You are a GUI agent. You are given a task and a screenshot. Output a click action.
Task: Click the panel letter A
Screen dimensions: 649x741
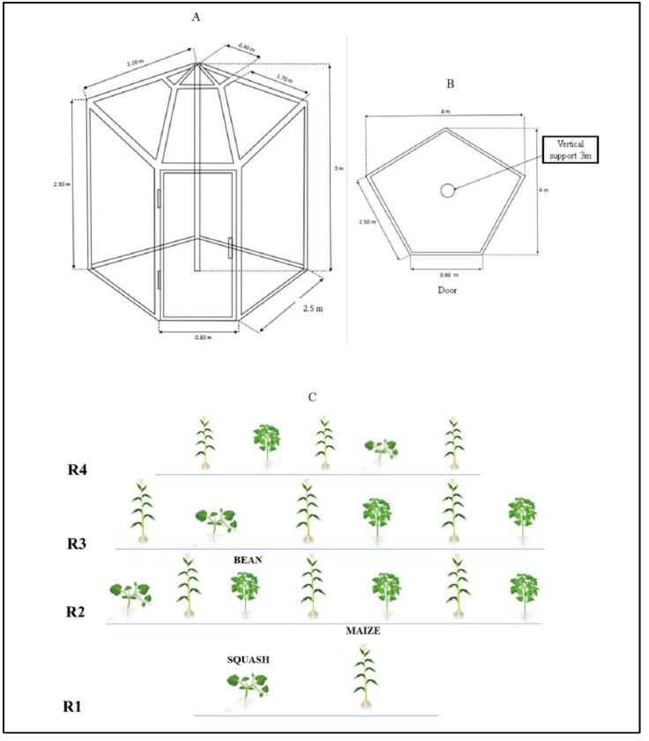(x=196, y=16)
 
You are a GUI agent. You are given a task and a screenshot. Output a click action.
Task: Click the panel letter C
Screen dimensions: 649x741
(x=312, y=397)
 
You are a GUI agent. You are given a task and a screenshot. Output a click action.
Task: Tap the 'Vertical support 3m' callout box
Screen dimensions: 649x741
(x=570, y=150)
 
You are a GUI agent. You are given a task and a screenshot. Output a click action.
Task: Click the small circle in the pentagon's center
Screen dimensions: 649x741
(x=448, y=190)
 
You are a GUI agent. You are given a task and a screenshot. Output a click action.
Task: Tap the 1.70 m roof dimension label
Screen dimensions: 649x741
(x=284, y=79)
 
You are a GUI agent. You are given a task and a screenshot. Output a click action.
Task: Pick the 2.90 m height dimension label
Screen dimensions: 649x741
(x=62, y=184)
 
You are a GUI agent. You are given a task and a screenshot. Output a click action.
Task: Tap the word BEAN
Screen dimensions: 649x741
(x=250, y=559)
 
